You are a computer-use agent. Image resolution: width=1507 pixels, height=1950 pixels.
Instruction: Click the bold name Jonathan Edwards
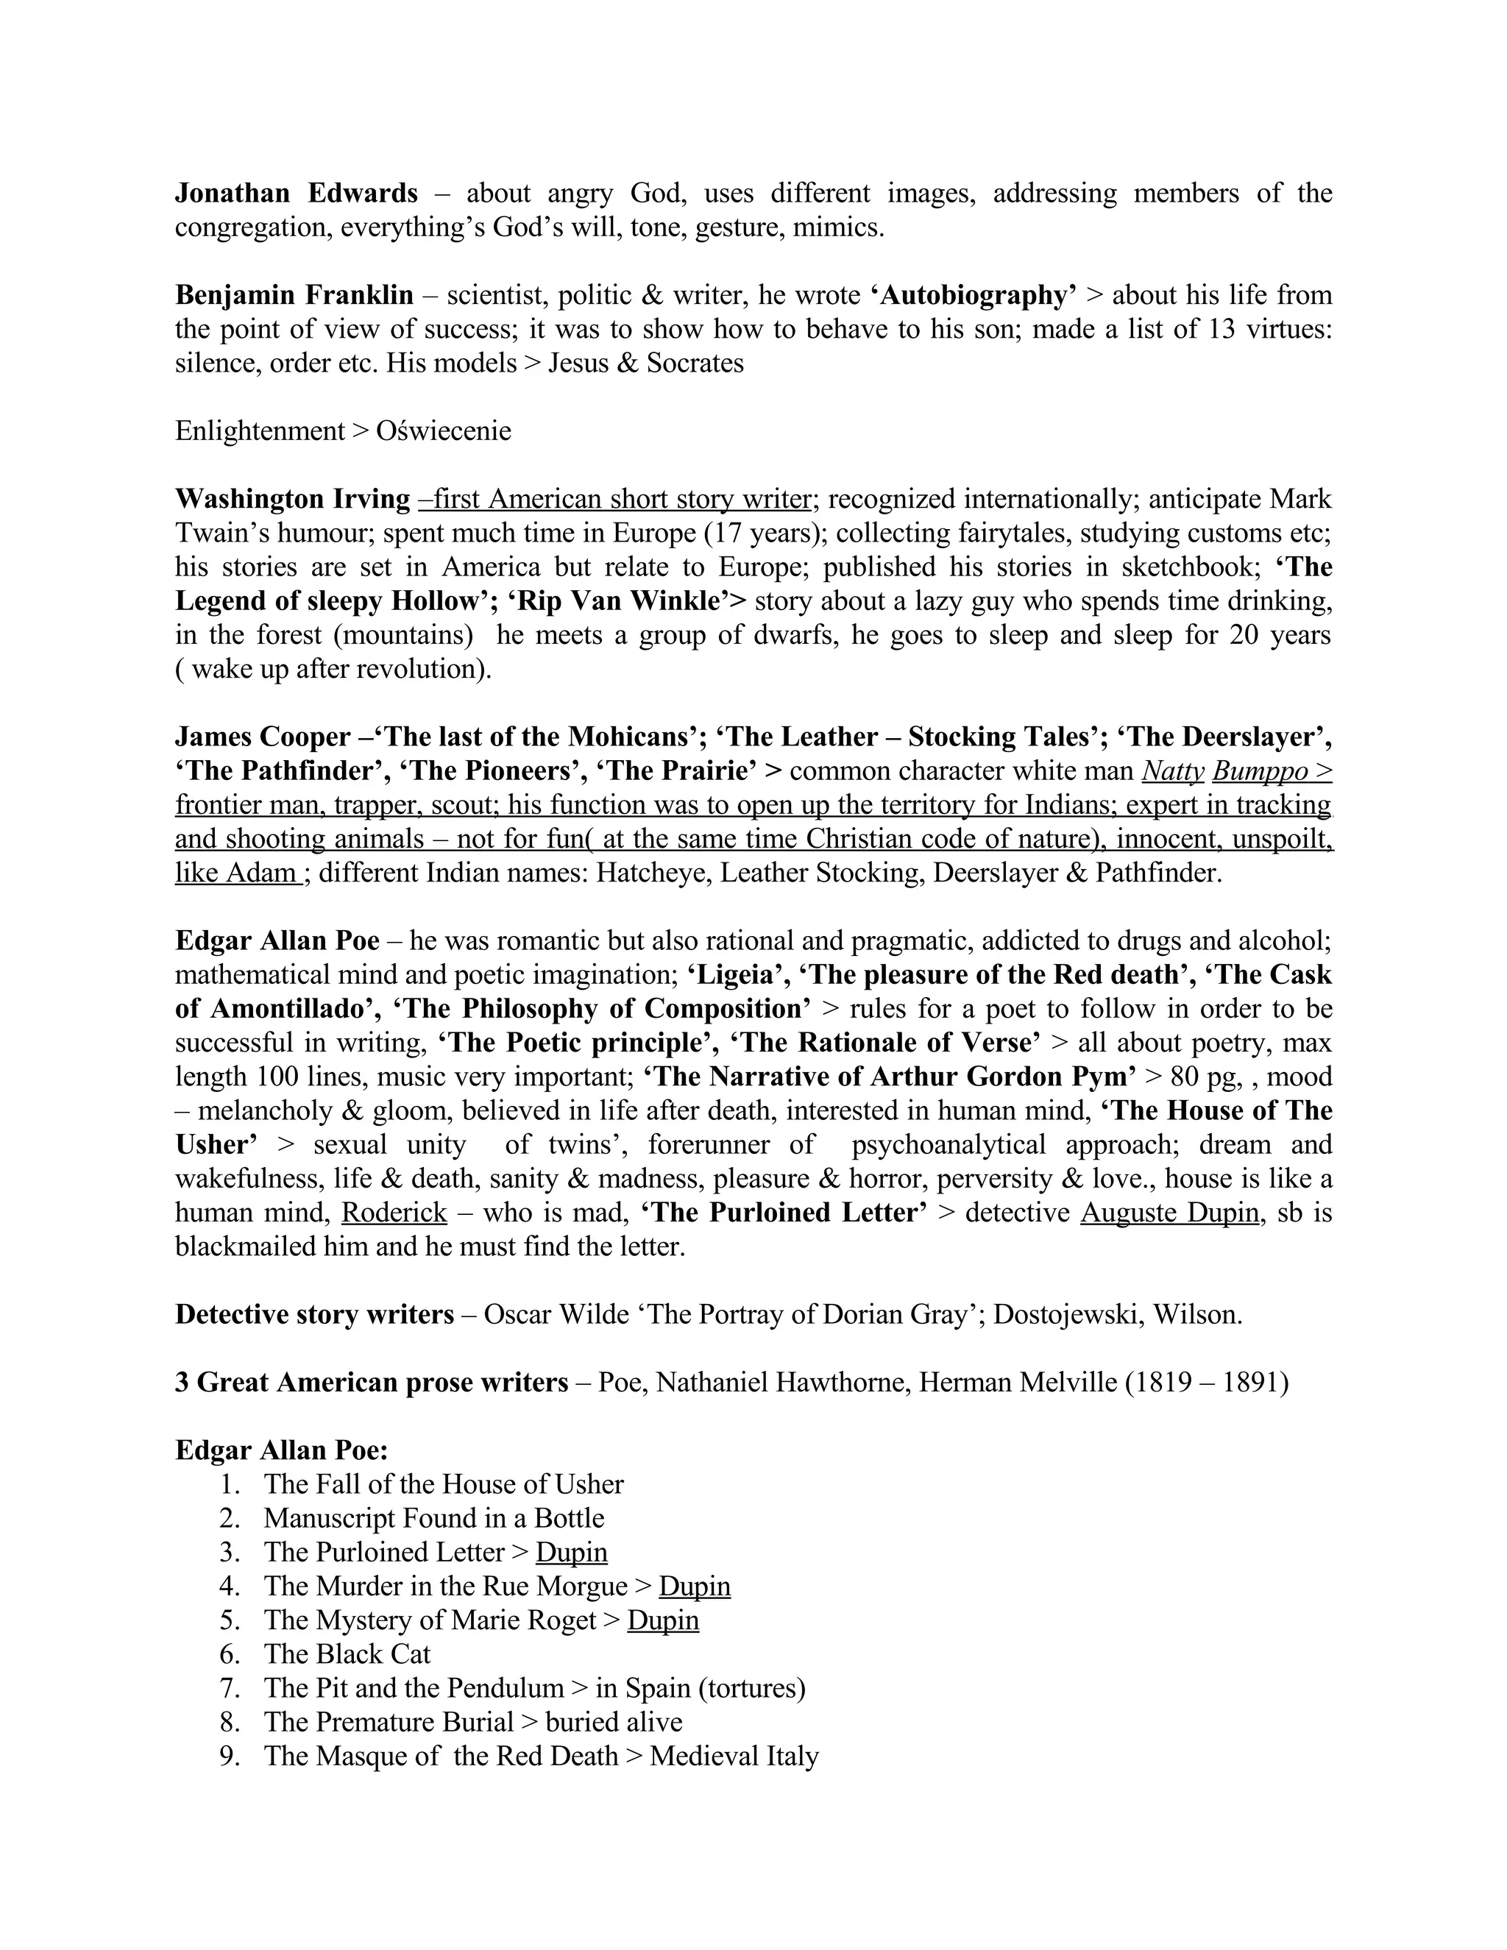[x=296, y=194]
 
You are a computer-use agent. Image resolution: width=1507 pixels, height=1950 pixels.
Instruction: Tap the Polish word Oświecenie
[x=444, y=431]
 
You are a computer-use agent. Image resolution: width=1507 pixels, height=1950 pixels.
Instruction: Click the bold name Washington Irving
[x=292, y=499]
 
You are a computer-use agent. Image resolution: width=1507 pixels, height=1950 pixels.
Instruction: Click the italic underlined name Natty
[x=1172, y=770]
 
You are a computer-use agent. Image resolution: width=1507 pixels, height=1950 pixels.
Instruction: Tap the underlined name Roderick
[x=394, y=1213]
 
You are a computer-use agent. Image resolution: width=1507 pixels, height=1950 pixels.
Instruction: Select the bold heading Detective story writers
[x=314, y=1314]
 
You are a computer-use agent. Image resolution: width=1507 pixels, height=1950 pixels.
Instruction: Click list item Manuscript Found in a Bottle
[x=434, y=1518]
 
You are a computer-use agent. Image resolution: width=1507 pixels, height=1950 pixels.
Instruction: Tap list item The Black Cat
[x=347, y=1653]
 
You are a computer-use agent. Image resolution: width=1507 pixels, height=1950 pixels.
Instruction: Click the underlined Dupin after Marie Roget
[x=662, y=1620]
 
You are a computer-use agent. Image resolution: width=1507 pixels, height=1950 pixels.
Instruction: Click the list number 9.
[x=230, y=1755]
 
